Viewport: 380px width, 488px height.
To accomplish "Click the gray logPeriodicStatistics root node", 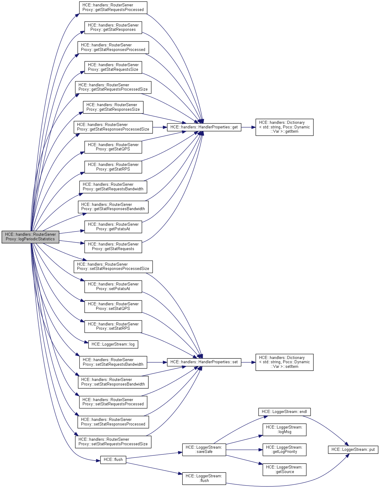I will point(30,237).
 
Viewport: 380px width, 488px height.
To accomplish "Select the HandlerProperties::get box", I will point(204,127).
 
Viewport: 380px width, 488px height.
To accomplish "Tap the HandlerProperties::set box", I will point(204,362).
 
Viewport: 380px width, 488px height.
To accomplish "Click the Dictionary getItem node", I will point(284,127).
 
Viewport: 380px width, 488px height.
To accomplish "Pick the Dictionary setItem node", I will point(284,362).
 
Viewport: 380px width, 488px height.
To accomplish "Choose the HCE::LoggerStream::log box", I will point(113,344).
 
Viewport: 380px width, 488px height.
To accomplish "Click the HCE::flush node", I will point(113,460).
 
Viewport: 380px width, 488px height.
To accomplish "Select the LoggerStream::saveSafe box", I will point(204,450).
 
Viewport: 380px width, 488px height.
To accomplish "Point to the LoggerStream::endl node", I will point(284,412).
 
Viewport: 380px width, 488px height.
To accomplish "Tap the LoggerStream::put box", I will point(353,450).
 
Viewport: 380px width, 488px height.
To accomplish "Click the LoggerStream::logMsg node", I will point(284,430).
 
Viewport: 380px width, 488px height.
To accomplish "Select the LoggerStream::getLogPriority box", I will point(284,450).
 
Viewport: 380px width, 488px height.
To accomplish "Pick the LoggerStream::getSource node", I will point(284,469).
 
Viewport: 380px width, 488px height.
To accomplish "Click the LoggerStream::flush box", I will point(204,478).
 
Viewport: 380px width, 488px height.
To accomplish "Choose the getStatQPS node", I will point(113,147).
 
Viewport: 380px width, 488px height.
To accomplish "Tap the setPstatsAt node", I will point(113,286).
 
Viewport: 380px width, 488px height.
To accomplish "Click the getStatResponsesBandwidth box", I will point(113,207).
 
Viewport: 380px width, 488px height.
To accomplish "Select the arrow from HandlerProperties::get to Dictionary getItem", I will point(248,127).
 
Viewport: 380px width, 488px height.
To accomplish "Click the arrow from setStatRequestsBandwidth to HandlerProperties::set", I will point(157,362).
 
